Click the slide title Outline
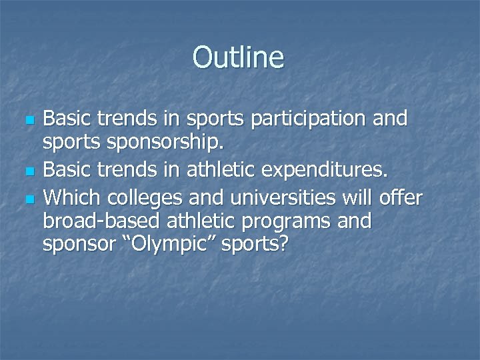tap(239, 57)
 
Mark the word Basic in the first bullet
tap(68, 119)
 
